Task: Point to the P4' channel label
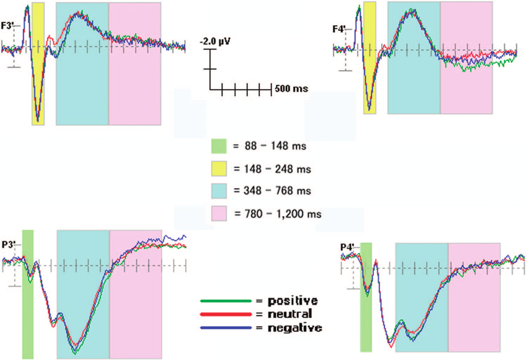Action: pyautogui.click(x=347, y=248)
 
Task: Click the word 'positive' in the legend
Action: pyautogui.click(x=292, y=301)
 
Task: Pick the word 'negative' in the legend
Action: pyautogui.click(x=294, y=327)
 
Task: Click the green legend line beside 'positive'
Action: pyautogui.click(x=226, y=301)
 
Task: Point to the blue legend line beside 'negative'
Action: pyautogui.click(x=226, y=327)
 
